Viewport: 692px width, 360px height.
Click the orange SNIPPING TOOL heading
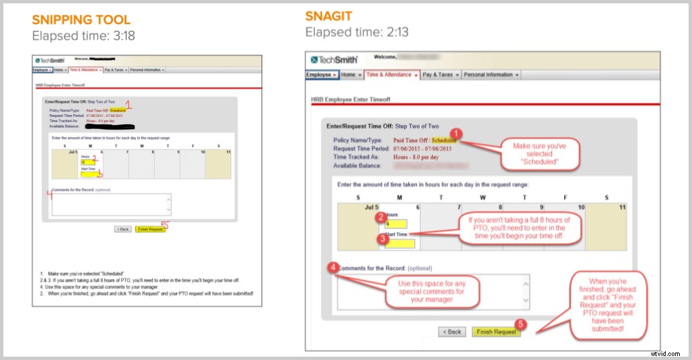(x=81, y=20)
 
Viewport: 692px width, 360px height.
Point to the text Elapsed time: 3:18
(x=83, y=36)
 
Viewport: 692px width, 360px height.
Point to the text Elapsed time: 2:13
(x=357, y=32)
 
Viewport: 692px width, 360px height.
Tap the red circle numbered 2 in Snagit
(x=382, y=217)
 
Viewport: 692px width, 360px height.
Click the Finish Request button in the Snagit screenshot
(x=496, y=332)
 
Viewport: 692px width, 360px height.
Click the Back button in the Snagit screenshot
(x=452, y=332)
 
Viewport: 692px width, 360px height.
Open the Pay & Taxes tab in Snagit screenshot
(x=440, y=75)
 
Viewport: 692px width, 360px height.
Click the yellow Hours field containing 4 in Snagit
(x=395, y=225)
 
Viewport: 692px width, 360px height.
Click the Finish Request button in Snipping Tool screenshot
(x=149, y=229)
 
